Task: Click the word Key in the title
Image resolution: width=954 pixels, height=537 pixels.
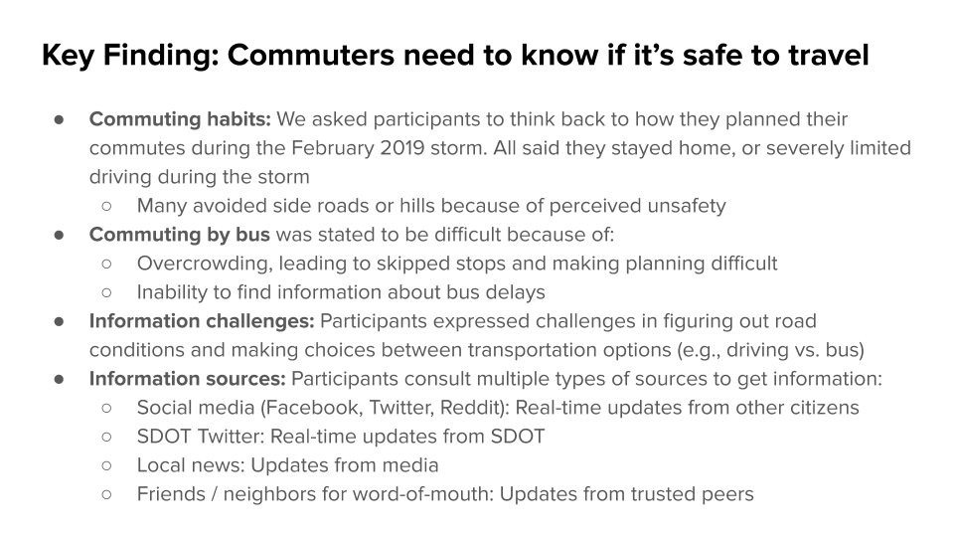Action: tap(69, 56)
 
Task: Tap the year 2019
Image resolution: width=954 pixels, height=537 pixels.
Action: tap(402, 148)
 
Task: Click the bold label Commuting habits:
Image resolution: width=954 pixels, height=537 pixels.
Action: tap(180, 119)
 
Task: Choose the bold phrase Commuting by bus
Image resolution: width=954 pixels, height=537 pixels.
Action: tap(180, 235)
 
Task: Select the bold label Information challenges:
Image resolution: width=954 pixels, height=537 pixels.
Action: tap(202, 321)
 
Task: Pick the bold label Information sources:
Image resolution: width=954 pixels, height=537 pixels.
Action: tap(188, 379)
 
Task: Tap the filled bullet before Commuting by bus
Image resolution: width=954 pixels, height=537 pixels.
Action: tap(59, 235)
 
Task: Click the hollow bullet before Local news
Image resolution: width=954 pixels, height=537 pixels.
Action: tap(107, 465)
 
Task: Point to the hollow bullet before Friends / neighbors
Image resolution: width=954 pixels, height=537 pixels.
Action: tap(107, 494)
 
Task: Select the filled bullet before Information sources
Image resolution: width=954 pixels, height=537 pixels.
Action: tap(59, 379)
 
